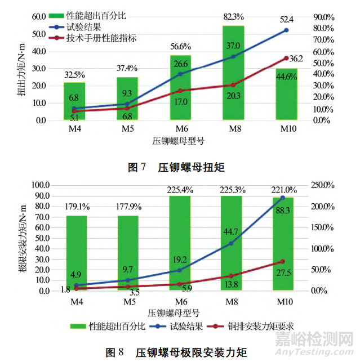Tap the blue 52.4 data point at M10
point(286,30)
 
